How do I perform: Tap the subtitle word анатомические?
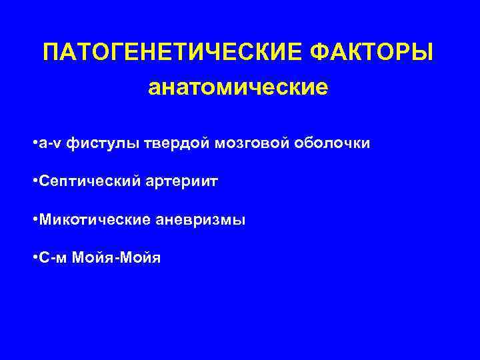tap(239, 88)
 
